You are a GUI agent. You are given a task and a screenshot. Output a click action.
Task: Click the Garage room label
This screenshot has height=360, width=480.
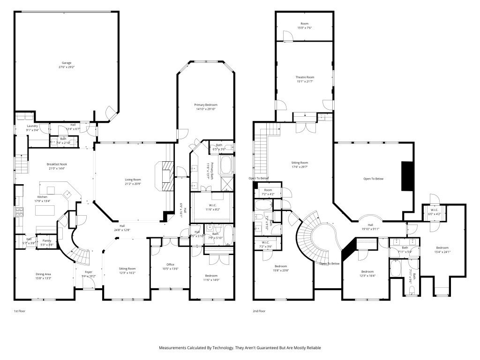67,63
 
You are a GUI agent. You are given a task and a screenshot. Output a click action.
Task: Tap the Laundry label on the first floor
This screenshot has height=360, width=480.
32,126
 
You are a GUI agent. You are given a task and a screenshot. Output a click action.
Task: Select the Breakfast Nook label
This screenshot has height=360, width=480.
57,164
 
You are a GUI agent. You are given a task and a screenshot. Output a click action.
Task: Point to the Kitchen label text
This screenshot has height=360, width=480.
42,197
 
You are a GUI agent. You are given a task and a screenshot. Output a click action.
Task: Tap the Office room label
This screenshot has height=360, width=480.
171,264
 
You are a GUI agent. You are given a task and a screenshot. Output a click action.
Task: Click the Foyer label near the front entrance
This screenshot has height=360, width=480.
89,272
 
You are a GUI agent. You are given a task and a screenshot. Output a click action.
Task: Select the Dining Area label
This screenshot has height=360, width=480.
43,274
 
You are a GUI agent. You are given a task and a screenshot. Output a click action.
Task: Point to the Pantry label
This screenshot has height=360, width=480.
47,240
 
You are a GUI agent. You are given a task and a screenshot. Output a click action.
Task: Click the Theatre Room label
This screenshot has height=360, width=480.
305,77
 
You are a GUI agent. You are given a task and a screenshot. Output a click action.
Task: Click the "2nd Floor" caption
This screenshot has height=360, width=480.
259,311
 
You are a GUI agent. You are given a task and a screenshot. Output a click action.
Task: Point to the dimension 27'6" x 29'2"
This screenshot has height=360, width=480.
67,67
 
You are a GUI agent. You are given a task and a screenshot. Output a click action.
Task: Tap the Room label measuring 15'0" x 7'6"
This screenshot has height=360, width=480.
305,23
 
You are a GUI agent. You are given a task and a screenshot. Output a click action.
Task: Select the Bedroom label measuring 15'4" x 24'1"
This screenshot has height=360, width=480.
442,247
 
